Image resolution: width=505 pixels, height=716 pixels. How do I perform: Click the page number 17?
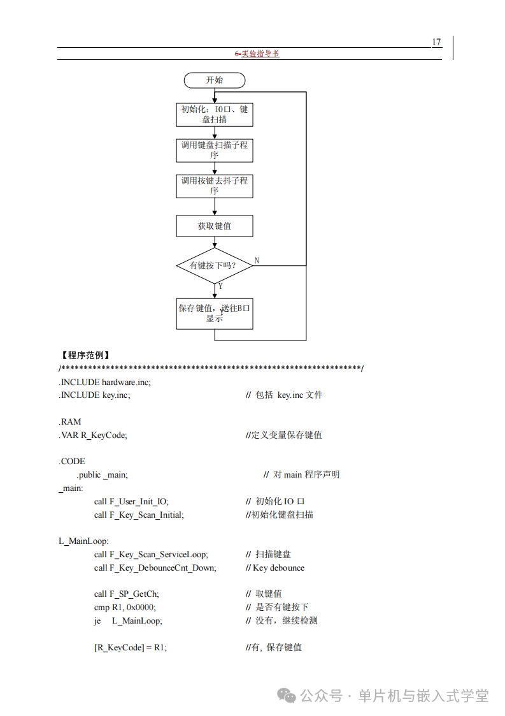click(436, 42)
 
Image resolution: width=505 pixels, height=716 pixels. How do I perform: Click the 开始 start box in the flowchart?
click(215, 80)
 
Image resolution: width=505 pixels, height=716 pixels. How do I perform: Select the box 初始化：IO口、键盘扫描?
click(215, 115)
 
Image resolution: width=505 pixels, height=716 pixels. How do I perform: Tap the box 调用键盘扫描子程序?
click(215, 150)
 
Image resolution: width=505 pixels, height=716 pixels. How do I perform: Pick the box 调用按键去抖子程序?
click(215, 186)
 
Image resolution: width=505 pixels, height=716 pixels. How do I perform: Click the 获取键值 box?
click(215, 226)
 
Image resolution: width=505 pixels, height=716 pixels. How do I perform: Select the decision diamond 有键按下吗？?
click(215, 265)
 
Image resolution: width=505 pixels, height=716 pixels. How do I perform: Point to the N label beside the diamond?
click(257, 260)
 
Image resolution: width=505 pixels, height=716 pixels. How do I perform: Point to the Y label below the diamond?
click(220, 286)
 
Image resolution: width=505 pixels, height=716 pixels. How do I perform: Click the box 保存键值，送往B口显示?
click(215, 314)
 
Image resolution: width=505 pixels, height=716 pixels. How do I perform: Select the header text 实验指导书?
click(260, 54)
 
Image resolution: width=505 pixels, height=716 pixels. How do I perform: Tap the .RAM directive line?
click(70, 421)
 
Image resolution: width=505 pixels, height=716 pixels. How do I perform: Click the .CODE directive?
click(72, 461)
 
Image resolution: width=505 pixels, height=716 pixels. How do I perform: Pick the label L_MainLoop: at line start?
click(83, 541)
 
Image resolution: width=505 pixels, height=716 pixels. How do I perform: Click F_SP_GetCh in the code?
click(133, 594)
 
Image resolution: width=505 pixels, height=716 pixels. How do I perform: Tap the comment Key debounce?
click(278, 567)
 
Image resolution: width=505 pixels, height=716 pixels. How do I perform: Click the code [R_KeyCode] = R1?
click(130, 647)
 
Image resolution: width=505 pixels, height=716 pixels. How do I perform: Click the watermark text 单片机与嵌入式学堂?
click(423, 696)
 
